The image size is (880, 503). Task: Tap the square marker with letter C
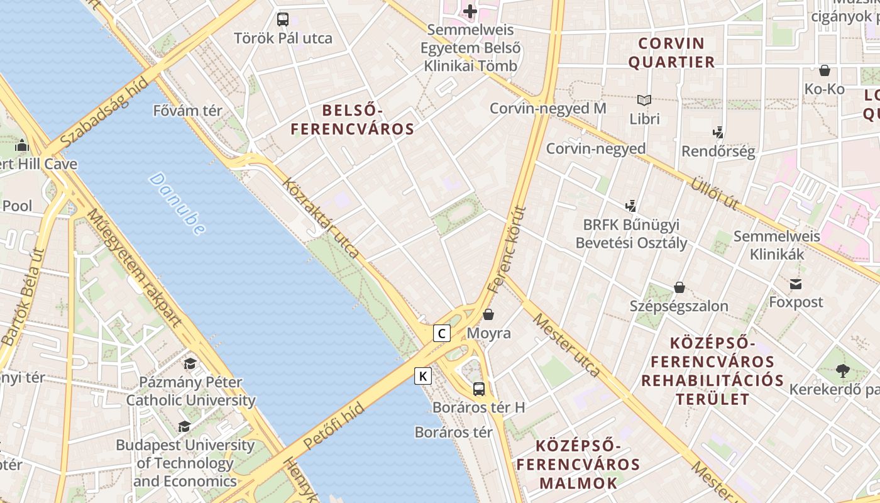[442, 333]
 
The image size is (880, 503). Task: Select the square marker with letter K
[423, 377]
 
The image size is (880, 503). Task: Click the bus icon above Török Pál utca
[283, 19]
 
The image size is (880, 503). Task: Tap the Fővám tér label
[188, 111]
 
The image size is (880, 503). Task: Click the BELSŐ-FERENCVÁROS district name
[352, 120]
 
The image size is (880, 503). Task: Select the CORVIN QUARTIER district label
[671, 53]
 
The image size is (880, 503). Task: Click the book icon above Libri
[644, 100]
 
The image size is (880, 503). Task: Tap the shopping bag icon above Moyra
[488, 314]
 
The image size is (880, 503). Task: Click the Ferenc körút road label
[507, 250]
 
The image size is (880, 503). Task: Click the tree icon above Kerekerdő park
[843, 371]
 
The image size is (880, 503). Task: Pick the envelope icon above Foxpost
[796, 284]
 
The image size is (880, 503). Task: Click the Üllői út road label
[715, 194]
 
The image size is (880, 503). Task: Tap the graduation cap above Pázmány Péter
[190, 363]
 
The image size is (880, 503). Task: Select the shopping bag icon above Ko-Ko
[824, 70]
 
